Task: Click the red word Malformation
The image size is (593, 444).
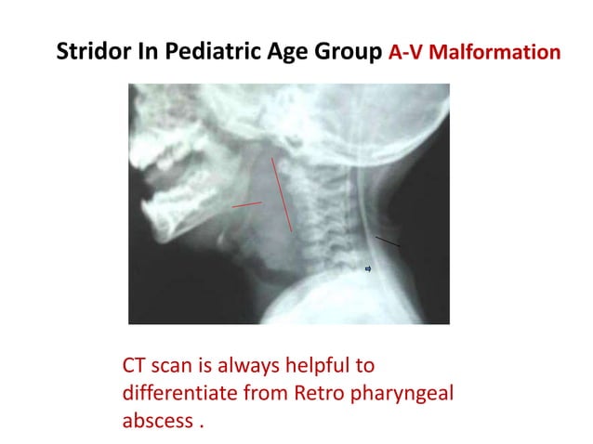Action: coord(496,51)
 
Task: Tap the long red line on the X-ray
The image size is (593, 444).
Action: coord(282,194)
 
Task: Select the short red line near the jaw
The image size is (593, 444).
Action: coord(247,202)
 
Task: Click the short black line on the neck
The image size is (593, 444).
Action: coord(389,242)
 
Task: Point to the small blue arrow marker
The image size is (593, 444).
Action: coord(368,269)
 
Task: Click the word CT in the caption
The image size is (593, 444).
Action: coord(136,366)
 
